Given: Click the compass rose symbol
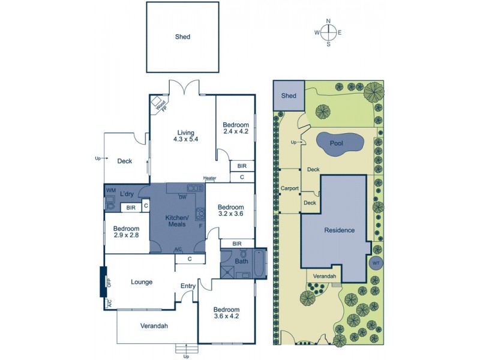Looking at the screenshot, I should click(x=328, y=32).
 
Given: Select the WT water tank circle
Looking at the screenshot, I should click(x=376, y=263).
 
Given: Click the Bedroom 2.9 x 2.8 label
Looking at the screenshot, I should click(x=126, y=232).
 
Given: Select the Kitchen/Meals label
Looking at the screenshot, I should click(x=178, y=220).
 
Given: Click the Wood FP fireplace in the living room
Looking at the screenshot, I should click(x=158, y=104).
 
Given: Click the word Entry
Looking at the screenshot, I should click(x=188, y=286).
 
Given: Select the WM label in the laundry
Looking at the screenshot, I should click(x=110, y=191).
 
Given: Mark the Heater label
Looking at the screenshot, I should click(x=209, y=178).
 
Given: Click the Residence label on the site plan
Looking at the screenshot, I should click(x=339, y=230).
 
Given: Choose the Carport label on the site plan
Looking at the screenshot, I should click(x=290, y=188).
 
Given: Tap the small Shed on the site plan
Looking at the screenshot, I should click(x=289, y=96).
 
